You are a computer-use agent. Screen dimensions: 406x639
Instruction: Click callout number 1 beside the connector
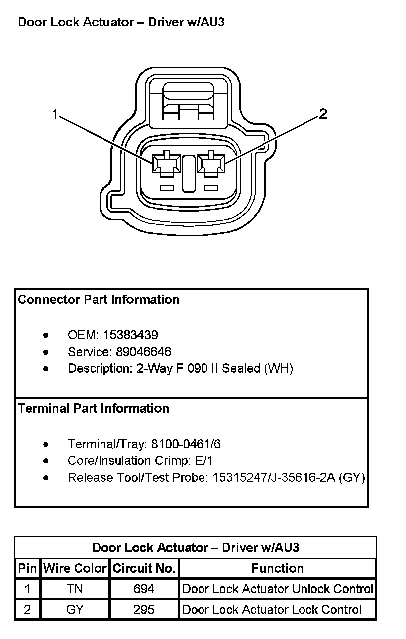click(55, 115)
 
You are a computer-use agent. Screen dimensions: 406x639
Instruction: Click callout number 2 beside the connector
click(323, 114)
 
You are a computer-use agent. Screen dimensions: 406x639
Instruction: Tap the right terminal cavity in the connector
click(211, 165)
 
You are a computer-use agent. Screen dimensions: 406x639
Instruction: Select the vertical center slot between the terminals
click(189, 173)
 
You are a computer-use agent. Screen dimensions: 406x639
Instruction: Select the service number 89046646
click(143, 352)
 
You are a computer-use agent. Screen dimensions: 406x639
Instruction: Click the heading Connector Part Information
click(99, 299)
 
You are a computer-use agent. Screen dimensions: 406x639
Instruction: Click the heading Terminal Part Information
click(94, 408)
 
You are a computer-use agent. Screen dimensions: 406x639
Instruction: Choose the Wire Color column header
click(75, 568)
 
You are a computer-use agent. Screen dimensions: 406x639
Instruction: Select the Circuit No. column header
click(144, 568)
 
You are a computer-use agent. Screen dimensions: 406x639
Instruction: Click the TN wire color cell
click(75, 589)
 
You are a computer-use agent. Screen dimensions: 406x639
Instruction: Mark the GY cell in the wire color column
click(75, 609)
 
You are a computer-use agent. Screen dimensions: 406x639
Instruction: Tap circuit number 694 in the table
click(144, 589)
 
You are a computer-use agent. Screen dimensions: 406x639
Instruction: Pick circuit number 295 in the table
click(144, 609)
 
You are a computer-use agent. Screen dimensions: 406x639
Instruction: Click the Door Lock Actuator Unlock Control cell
click(277, 589)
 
